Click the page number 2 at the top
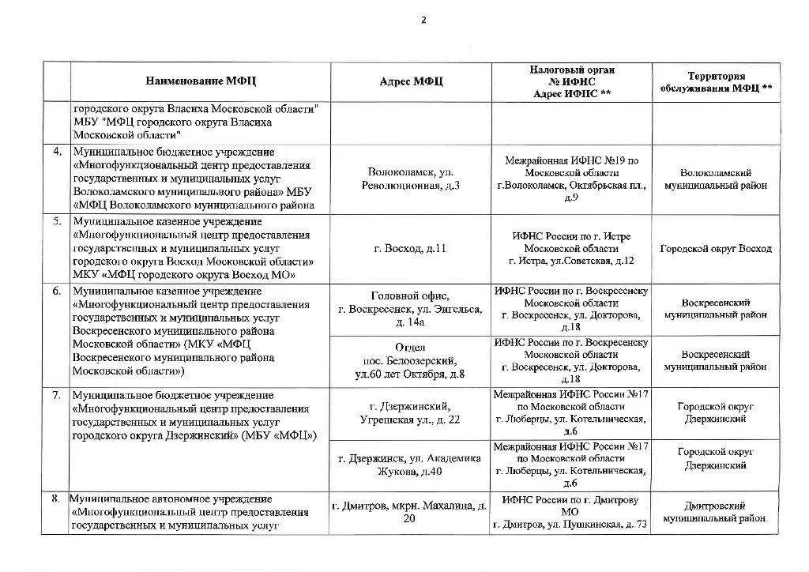(x=423, y=21)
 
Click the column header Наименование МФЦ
(x=201, y=81)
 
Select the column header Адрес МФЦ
(x=411, y=81)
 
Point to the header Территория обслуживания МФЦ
(x=716, y=81)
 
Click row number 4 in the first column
(x=57, y=152)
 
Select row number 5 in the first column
(x=57, y=221)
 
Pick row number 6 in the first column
(x=57, y=291)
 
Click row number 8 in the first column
(x=57, y=499)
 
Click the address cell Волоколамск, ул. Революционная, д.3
(x=410, y=179)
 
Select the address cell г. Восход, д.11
(x=410, y=249)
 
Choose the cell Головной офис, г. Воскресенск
(x=410, y=309)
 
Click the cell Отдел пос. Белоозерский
(x=410, y=360)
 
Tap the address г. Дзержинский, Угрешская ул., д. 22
(x=410, y=412)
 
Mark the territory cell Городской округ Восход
(x=716, y=249)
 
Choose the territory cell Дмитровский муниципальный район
(x=716, y=512)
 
